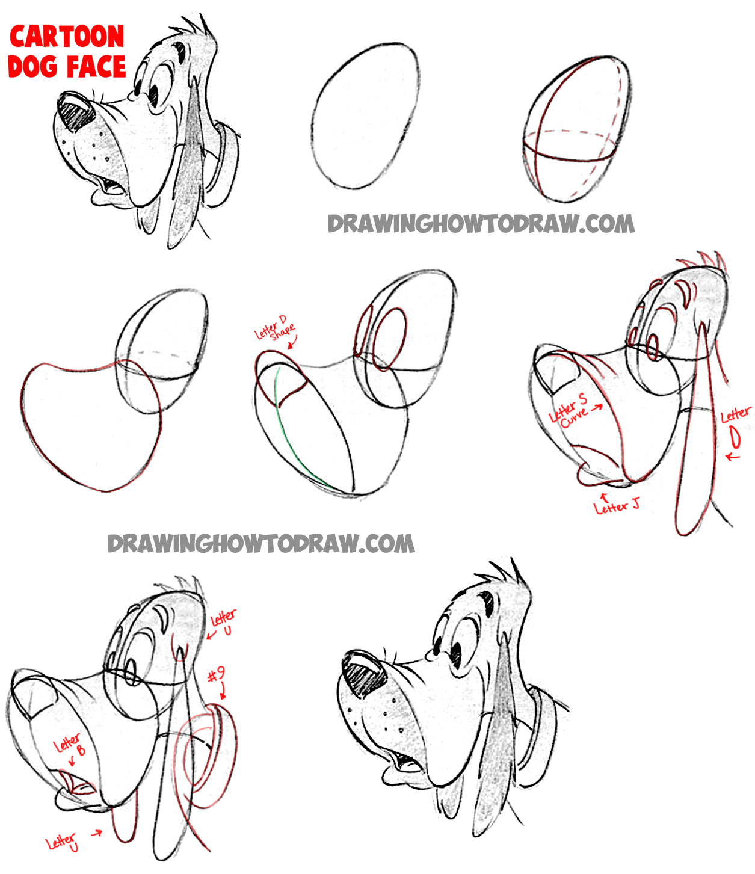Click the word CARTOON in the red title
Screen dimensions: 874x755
(67, 37)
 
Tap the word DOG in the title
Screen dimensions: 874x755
(33, 66)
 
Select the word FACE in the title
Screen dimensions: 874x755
(96, 66)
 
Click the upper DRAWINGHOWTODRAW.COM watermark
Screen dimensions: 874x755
(481, 224)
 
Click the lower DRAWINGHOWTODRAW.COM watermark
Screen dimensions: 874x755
(261, 544)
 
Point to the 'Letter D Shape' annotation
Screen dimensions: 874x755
(274, 330)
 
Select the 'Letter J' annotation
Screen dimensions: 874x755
(616, 507)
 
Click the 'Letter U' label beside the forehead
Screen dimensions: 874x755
(223, 621)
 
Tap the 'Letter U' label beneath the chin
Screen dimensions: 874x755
(63, 842)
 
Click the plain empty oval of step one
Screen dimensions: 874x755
(365, 116)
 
